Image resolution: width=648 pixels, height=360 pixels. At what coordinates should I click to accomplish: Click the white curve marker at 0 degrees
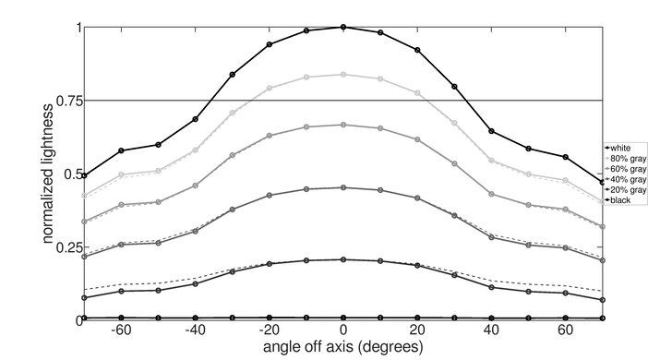click(x=343, y=27)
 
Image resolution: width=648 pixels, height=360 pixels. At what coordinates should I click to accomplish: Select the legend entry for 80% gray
click(x=624, y=158)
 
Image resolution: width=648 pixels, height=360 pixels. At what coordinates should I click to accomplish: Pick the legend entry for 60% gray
click(x=624, y=168)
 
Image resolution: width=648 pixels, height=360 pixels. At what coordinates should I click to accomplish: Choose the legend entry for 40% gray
click(x=624, y=179)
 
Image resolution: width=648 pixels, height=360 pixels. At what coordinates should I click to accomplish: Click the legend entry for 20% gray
click(x=624, y=189)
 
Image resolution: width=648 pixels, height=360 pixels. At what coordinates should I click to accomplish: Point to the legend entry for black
click(x=620, y=200)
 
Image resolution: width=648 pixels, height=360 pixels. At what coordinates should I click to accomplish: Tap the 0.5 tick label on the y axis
click(x=70, y=174)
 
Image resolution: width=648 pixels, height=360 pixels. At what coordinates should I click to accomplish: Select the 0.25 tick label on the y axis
click(x=66, y=247)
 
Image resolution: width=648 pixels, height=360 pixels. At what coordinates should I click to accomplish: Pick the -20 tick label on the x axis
click(x=268, y=330)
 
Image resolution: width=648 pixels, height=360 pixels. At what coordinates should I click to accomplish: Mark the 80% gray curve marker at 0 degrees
click(x=343, y=75)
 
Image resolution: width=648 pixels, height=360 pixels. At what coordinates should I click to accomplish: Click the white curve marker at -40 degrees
click(x=195, y=119)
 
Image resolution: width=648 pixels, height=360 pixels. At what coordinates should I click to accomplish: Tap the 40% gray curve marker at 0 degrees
click(x=343, y=187)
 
